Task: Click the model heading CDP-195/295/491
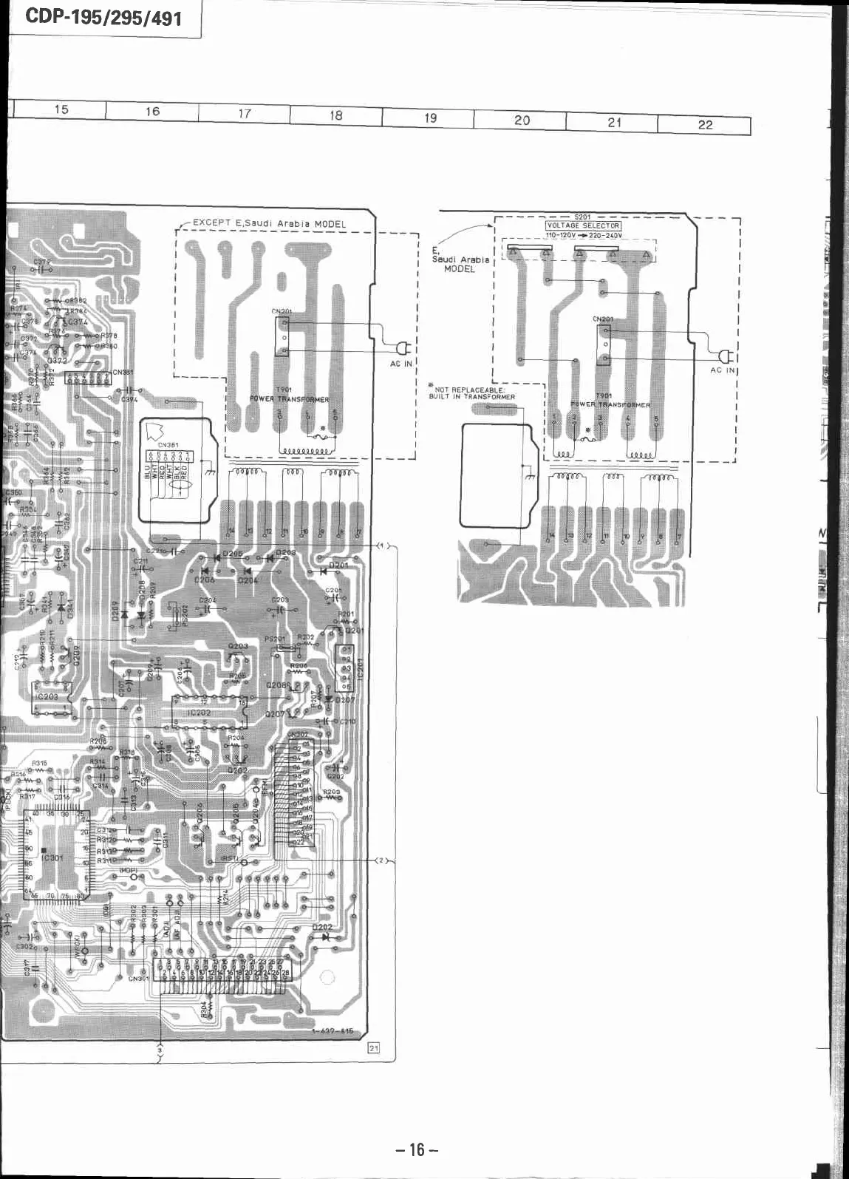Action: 103,17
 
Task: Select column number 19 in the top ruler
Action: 430,118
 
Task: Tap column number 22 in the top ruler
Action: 705,124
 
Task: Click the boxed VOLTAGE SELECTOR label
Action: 583,225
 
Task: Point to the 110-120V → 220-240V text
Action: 584,235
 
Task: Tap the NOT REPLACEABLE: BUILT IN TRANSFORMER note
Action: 471,393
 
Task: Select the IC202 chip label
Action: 200,713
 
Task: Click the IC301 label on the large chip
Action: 53,858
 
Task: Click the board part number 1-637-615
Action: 333,1031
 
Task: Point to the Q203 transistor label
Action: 238,646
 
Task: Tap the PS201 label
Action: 274,639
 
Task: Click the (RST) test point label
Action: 229,858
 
